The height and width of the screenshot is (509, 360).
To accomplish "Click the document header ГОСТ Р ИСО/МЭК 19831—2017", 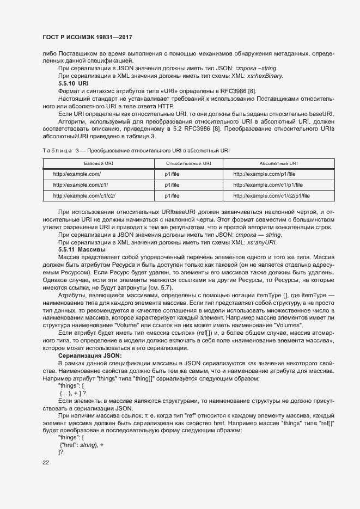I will pos(88,38).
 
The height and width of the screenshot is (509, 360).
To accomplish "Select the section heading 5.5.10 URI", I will pos(73,83).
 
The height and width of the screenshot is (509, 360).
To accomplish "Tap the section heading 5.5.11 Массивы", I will pos(82,249).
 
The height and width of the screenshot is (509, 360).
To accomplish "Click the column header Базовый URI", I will pos(98,163).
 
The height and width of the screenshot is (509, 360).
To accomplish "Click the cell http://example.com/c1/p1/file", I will pos(268,185).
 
